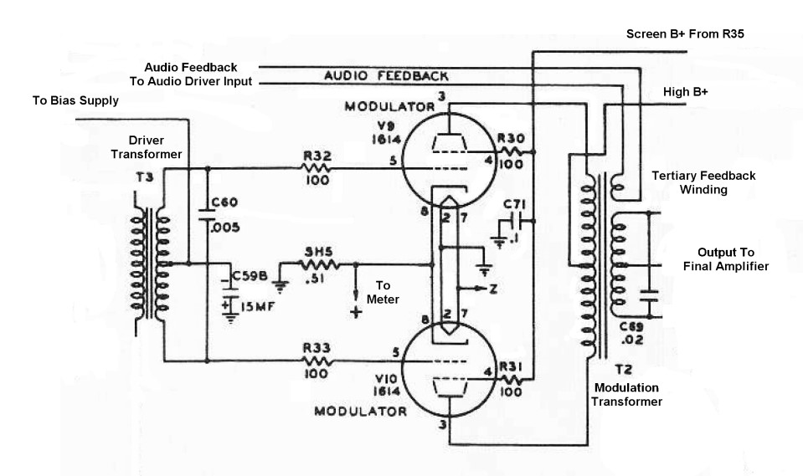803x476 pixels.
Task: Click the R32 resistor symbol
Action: pos(317,168)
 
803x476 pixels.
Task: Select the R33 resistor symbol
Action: pos(317,361)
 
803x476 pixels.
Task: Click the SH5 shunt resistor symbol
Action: pos(318,264)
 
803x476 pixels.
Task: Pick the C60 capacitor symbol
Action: pos(208,214)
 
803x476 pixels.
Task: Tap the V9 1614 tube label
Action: pos(387,132)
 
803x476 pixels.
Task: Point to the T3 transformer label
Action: pos(145,177)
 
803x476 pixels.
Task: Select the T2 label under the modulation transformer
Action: pos(623,370)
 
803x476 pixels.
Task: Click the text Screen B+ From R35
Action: pos(685,33)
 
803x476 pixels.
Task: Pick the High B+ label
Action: pos(685,92)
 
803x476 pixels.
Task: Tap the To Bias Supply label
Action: pos(75,100)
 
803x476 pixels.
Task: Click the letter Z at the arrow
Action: pos(492,289)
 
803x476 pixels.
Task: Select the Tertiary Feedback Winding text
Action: pos(703,182)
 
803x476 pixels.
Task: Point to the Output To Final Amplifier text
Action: pos(726,259)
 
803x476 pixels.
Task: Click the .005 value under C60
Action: pos(224,228)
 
